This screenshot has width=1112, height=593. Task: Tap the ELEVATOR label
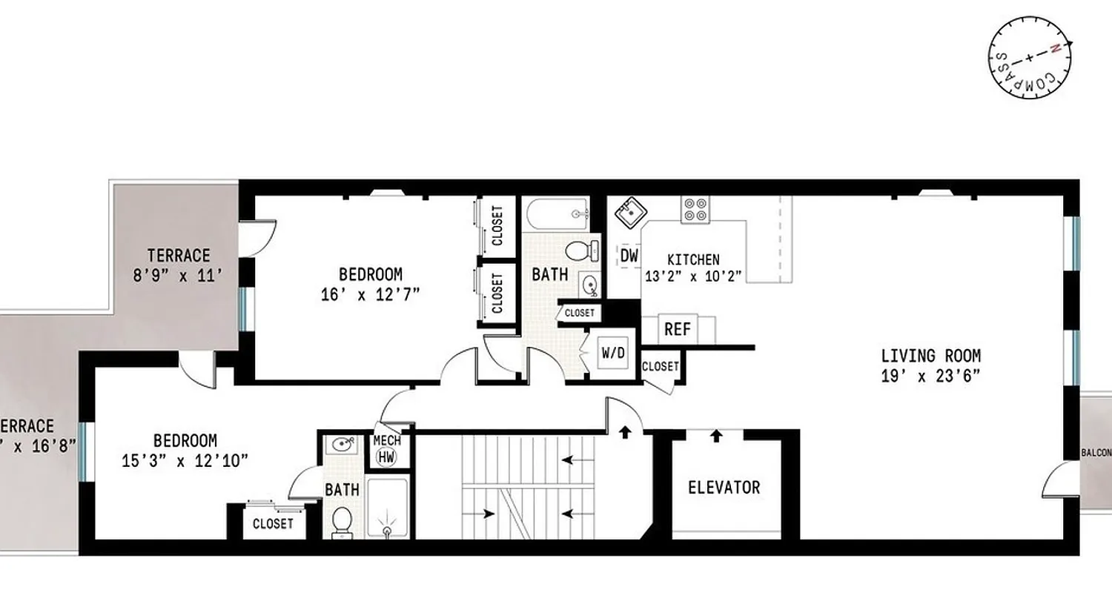coord(724,488)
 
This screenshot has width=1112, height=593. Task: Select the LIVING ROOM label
coord(930,356)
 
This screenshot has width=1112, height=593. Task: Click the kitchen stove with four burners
coord(696,209)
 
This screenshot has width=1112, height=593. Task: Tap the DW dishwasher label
coord(629,256)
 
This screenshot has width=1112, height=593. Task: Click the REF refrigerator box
coord(677,329)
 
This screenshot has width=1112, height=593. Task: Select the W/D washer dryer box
coord(612,354)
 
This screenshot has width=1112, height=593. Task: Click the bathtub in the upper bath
coord(557,214)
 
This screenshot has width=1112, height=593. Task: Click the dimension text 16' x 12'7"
coord(370,293)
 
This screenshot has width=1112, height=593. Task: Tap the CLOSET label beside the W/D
coord(660,366)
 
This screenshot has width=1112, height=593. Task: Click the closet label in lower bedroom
coord(273,524)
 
